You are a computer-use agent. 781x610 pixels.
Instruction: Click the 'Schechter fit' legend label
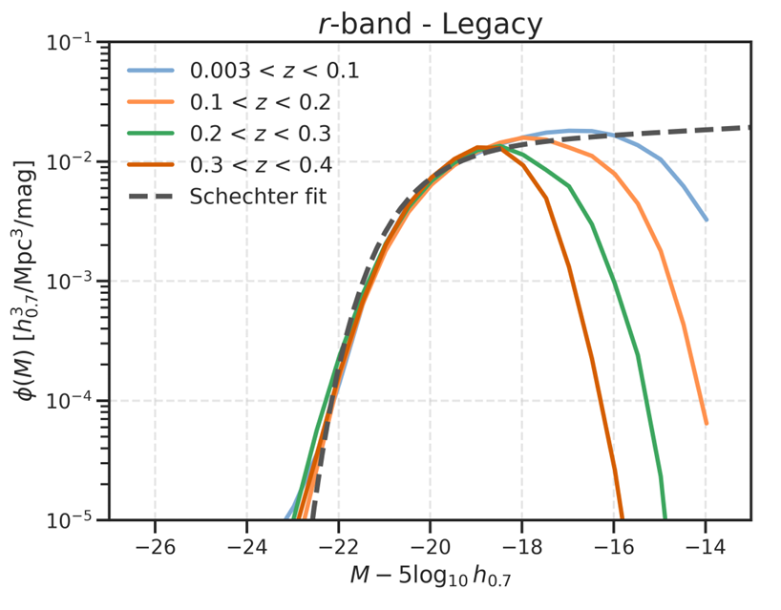(x=259, y=197)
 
